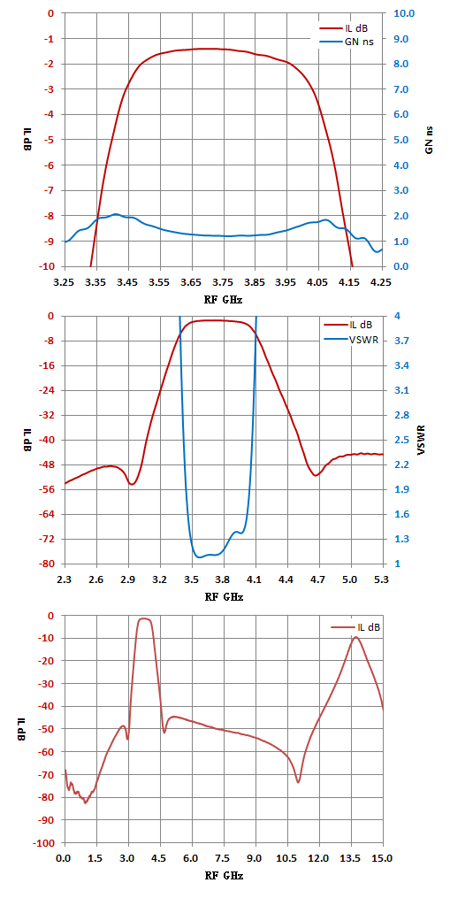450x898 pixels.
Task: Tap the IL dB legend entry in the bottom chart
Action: click(355, 627)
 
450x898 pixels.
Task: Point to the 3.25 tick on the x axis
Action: click(65, 282)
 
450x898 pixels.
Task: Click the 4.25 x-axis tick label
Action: click(382, 282)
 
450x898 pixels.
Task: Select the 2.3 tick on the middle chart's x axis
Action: click(65, 579)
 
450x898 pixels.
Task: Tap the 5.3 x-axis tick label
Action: click(382, 579)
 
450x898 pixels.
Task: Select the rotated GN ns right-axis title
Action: click(429, 140)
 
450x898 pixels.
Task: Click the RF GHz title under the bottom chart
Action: click(224, 876)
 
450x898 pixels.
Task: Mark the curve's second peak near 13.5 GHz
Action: click(355, 637)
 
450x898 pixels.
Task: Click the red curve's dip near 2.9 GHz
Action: click(132, 485)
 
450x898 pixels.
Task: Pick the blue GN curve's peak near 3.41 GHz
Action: click(116, 214)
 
